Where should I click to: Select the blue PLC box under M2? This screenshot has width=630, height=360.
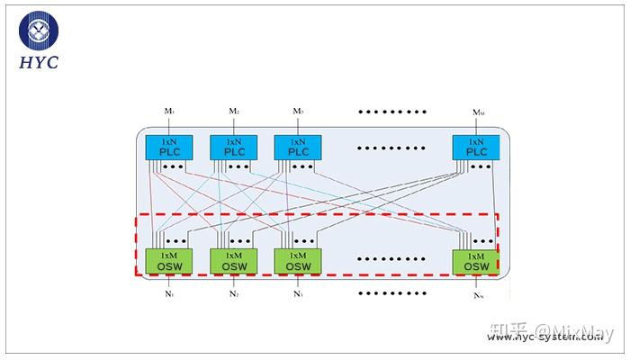coord(233,148)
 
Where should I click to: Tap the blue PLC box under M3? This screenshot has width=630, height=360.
coord(298,148)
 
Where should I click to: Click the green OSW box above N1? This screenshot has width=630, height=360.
coord(168,261)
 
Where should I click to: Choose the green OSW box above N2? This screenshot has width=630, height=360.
coord(233,261)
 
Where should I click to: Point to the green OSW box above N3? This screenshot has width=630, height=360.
coord(298,261)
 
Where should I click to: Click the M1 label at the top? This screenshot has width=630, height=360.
coord(168,112)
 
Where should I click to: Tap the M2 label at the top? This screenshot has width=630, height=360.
coord(233,112)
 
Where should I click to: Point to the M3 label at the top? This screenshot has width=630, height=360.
coord(298,112)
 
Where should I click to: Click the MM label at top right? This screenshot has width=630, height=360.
coord(478,112)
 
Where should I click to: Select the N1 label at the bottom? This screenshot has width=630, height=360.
coord(168,294)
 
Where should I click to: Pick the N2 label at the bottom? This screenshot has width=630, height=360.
coord(233,294)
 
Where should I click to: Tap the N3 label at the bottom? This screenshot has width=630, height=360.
coord(298,294)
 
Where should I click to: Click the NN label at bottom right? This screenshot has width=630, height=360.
coord(478,295)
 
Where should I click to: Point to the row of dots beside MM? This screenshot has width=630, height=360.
coord(391,112)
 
